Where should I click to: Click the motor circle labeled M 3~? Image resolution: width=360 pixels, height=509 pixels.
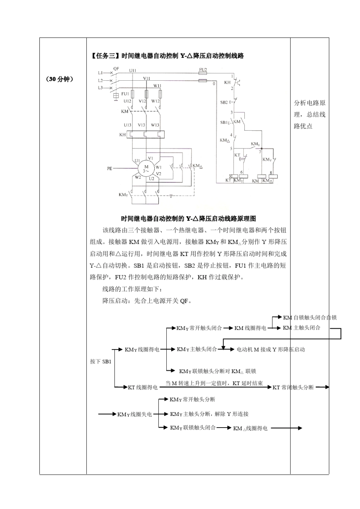146,168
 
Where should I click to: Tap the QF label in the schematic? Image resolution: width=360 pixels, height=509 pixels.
116,69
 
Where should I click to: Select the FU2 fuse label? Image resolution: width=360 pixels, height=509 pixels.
203,70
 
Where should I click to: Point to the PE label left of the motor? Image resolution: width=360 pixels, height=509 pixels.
110,169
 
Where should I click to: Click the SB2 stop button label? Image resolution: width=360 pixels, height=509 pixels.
224,102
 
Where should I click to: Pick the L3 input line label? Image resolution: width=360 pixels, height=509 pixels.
100,88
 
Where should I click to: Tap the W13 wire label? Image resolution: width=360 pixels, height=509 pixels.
155,125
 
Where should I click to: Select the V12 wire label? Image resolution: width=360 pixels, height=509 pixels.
142,101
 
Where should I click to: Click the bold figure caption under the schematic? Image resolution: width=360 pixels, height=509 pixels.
188,219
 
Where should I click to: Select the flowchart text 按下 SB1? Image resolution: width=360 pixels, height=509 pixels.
101,362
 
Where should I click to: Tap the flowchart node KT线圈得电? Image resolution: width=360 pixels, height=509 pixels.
142,387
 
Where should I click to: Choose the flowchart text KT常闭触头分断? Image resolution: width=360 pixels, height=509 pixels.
293,387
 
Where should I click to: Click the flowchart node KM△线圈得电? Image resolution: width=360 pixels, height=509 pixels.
250,428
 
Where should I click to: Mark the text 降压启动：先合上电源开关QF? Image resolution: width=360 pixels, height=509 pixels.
147,301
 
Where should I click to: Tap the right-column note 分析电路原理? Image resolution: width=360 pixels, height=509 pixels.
310,103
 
